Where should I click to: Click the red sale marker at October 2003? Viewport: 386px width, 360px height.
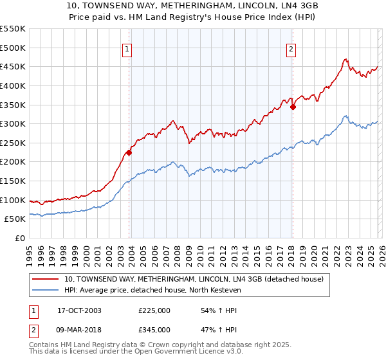tap(129, 152)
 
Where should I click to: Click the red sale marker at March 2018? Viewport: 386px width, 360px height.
tap(293, 107)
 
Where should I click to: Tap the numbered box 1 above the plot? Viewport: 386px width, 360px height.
tap(127, 49)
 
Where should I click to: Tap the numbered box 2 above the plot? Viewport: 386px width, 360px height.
tap(291, 49)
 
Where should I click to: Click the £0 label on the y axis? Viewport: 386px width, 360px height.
tap(21, 239)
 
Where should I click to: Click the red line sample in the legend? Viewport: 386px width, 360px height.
tap(46, 280)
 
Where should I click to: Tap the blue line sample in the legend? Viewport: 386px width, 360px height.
tap(46, 291)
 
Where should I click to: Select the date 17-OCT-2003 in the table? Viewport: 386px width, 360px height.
tap(79, 310)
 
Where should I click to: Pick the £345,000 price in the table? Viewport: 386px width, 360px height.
tap(154, 329)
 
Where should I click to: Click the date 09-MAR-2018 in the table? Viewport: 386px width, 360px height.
tap(80, 329)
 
